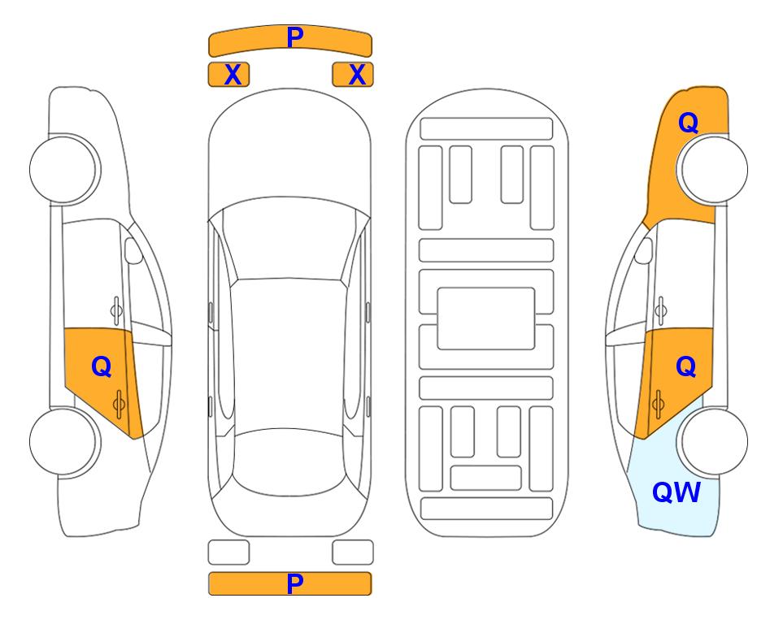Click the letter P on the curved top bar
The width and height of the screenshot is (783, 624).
pos(295,37)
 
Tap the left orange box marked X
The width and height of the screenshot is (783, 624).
pos(228,75)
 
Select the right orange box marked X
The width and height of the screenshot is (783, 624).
pos(353,75)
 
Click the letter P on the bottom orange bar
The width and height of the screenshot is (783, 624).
pos(295,583)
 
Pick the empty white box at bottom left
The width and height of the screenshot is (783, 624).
pos(228,552)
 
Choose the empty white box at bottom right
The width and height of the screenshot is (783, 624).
pos(353,552)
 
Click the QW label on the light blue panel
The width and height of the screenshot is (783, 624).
pos(676,492)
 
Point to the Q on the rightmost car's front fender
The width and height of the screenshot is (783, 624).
pos(688,123)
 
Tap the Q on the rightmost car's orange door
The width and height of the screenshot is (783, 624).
pos(685,367)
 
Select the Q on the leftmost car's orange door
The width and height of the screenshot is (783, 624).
pos(102,367)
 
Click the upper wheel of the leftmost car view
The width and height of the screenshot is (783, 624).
pos(65,169)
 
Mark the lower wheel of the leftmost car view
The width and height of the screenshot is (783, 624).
pos(65,441)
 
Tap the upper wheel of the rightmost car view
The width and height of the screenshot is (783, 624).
pos(712,169)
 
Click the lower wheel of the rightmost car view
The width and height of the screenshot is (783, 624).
pos(712,441)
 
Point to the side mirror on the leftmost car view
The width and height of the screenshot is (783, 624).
pos(133,250)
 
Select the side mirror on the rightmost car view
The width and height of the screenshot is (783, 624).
pos(644,250)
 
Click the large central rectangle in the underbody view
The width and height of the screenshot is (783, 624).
pos(486,318)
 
